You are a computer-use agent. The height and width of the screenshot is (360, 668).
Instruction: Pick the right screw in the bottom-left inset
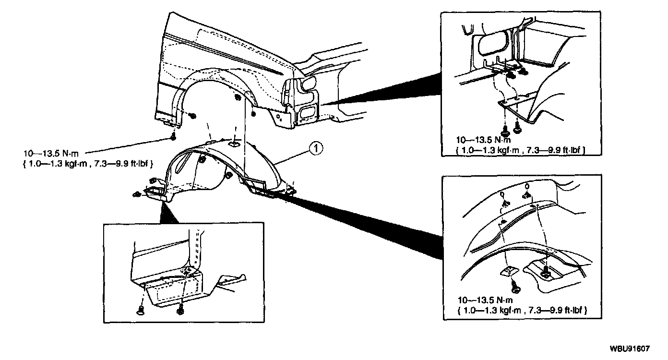(181, 309)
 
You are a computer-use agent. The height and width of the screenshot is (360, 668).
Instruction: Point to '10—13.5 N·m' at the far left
(50, 154)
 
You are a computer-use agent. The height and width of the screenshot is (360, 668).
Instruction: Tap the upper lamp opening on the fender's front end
(309, 85)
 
